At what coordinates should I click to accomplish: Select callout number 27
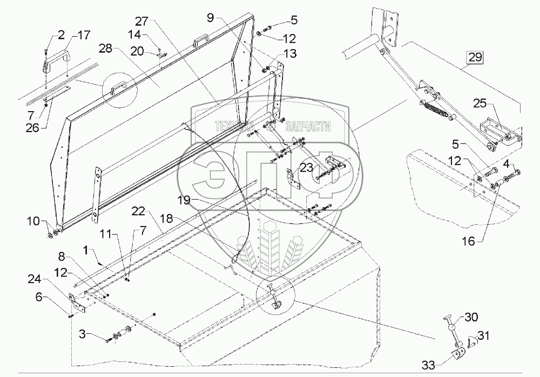pyautogui.click(x=141, y=22)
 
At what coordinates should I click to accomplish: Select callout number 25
pyautogui.click(x=480, y=103)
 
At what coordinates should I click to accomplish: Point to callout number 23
pyautogui.click(x=307, y=167)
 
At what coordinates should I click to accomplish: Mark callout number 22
pyautogui.click(x=137, y=209)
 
